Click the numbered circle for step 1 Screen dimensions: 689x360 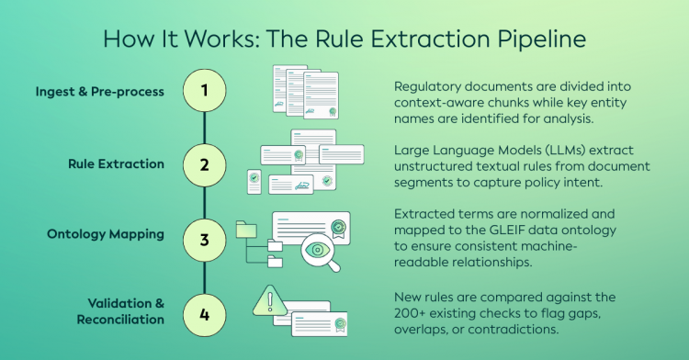204,90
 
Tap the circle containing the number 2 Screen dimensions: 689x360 204,165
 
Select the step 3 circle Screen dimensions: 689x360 204,240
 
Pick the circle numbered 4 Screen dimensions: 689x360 204,315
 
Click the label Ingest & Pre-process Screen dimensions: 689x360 100,91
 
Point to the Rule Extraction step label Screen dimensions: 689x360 116,163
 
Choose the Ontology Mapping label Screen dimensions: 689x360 106,234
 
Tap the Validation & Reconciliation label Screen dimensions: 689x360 120,311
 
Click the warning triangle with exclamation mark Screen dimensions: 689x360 270,301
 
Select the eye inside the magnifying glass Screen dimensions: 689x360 317,250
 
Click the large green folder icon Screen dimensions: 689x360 246,230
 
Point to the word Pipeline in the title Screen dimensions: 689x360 542,39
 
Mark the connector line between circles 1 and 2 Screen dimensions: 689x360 204,128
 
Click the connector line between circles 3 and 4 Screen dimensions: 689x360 204,278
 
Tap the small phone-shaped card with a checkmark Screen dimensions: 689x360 254,182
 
